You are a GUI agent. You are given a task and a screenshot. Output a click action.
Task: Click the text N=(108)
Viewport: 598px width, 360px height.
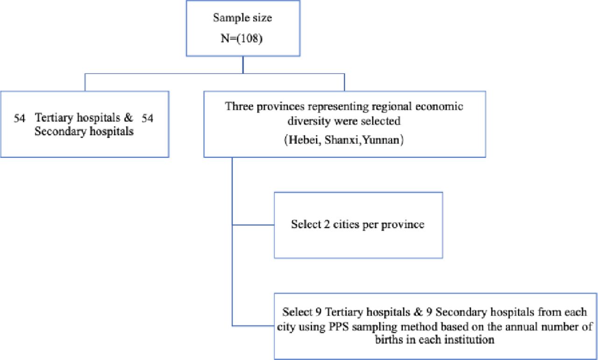(x=242, y=39)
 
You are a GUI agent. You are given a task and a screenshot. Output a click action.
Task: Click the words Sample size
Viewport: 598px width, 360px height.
(x=242, y=18)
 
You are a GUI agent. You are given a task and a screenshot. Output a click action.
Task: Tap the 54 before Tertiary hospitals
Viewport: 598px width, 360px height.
(x=20, y=118)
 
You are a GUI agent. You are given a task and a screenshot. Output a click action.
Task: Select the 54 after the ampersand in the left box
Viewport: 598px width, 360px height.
(x=147, y=118)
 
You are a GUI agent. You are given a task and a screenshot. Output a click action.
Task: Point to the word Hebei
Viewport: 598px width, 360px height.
(x=305, y=140)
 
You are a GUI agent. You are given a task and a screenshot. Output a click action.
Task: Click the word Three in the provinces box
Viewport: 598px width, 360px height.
(x=239, y=106)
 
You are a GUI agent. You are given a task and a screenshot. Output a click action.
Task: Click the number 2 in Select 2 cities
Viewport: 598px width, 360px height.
(x=327, y=225)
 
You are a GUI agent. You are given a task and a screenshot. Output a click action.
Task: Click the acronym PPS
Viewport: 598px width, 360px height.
(x=339, y=327)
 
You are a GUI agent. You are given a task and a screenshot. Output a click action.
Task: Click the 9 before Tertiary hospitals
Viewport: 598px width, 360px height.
(x=318, y=312)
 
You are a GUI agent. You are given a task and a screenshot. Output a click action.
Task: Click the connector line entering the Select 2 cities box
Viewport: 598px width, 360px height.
(x=253, y=225)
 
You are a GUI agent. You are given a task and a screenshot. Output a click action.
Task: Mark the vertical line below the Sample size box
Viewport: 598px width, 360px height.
(x=243, y=65)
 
